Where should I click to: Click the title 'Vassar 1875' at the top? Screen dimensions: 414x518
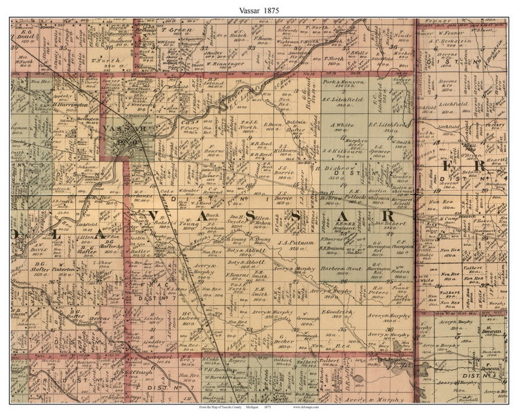[x=259, y=10]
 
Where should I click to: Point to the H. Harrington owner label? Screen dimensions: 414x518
[x=71, y=105]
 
